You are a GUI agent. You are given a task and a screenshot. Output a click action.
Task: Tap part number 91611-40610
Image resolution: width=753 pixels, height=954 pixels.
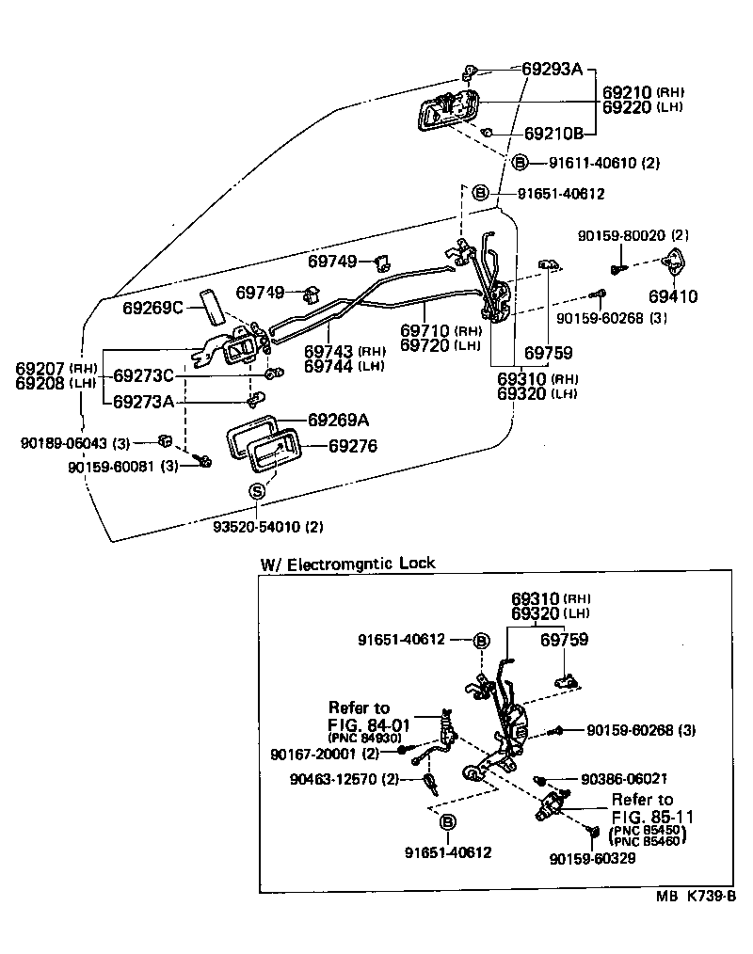(594, 163)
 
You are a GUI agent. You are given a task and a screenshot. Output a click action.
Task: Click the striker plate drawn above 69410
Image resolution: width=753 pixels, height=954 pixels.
(675, 264)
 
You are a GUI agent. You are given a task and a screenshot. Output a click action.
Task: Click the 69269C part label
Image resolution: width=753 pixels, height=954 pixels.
(153, 308)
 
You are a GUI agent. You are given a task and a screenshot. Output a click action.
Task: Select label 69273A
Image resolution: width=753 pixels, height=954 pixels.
(144, 402)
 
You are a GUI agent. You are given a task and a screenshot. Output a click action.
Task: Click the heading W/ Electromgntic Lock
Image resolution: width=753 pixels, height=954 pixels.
(347, 564)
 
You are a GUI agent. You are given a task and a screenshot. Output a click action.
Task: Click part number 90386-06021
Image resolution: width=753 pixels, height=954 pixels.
(626, 779)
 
